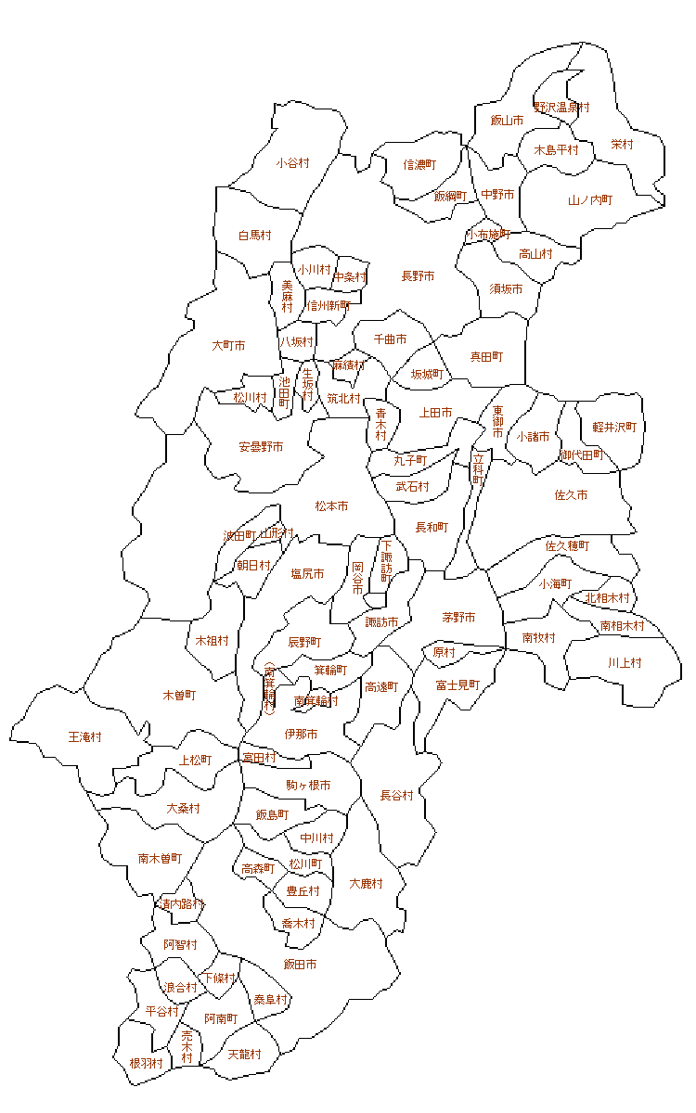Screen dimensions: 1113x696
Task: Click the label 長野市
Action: [418, 276]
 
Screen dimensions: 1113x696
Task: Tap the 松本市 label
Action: [331, 506]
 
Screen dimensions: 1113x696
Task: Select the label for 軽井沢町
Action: [615, 428]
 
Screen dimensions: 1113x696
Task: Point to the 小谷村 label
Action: [292, 163]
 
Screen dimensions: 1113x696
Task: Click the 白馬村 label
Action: [254, 236]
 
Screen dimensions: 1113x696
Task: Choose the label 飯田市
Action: [300, 965]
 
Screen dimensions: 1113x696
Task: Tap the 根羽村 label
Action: [146, 1063]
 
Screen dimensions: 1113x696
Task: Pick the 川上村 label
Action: [625, 663]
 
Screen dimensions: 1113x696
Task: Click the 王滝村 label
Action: [85, 737]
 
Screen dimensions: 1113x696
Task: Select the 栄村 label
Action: [622, 145]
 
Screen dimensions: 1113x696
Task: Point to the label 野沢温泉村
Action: [561, 108]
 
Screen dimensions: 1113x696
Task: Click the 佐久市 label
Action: [571, 495]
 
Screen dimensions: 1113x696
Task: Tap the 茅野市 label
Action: [458, 618]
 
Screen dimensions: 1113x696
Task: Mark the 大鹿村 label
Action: [367, 884]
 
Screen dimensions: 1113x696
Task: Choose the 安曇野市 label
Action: [261, 447]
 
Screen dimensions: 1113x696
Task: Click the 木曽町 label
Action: [179, 695]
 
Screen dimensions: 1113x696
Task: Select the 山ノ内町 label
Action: [590, 200]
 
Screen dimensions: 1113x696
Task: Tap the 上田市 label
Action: [436, 413]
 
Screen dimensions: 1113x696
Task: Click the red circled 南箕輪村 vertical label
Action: [269, 688]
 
